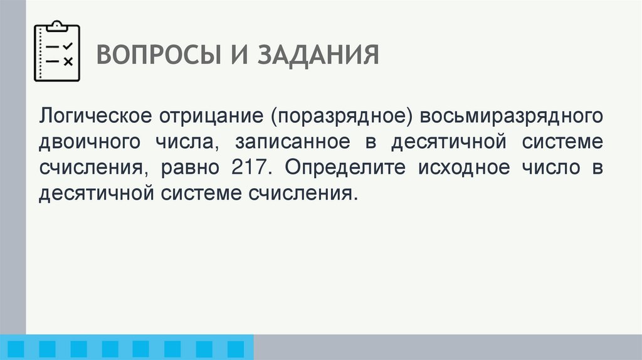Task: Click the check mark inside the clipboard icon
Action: pos(68,46)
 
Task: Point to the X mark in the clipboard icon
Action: pos(68,61)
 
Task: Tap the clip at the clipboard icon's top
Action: pos(57,25)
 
